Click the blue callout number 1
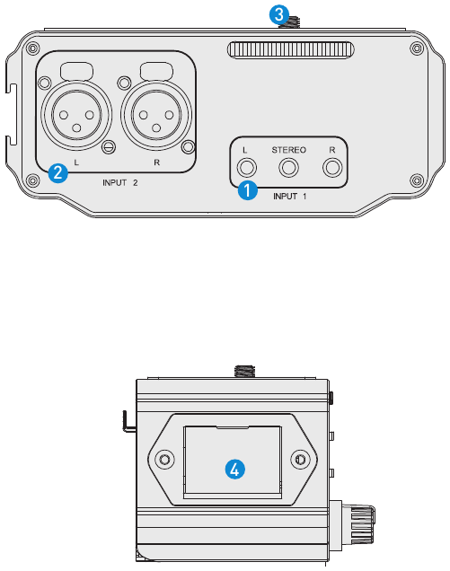click(247, 190)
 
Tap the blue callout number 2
click(58, 173)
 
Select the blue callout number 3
click(279, 15)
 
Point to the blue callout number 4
click(235, 469)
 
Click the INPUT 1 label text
click(290, 197)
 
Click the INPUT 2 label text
click(119, 182)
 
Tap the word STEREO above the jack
click(289, 150)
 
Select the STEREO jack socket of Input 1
click(288, 168)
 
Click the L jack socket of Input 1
click(247, 168)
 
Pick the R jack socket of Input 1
click(332, 168)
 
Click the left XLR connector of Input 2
click(76, 115)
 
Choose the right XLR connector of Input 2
click(156, 115)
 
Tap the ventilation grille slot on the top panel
click(290, 50)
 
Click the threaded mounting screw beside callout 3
click(290, 22)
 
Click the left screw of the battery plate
click(164, 459)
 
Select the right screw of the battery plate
click(300, 459)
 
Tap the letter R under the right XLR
click(156, 163)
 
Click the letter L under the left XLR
click(76, 163)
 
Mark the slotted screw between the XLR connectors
click(108, 146)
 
